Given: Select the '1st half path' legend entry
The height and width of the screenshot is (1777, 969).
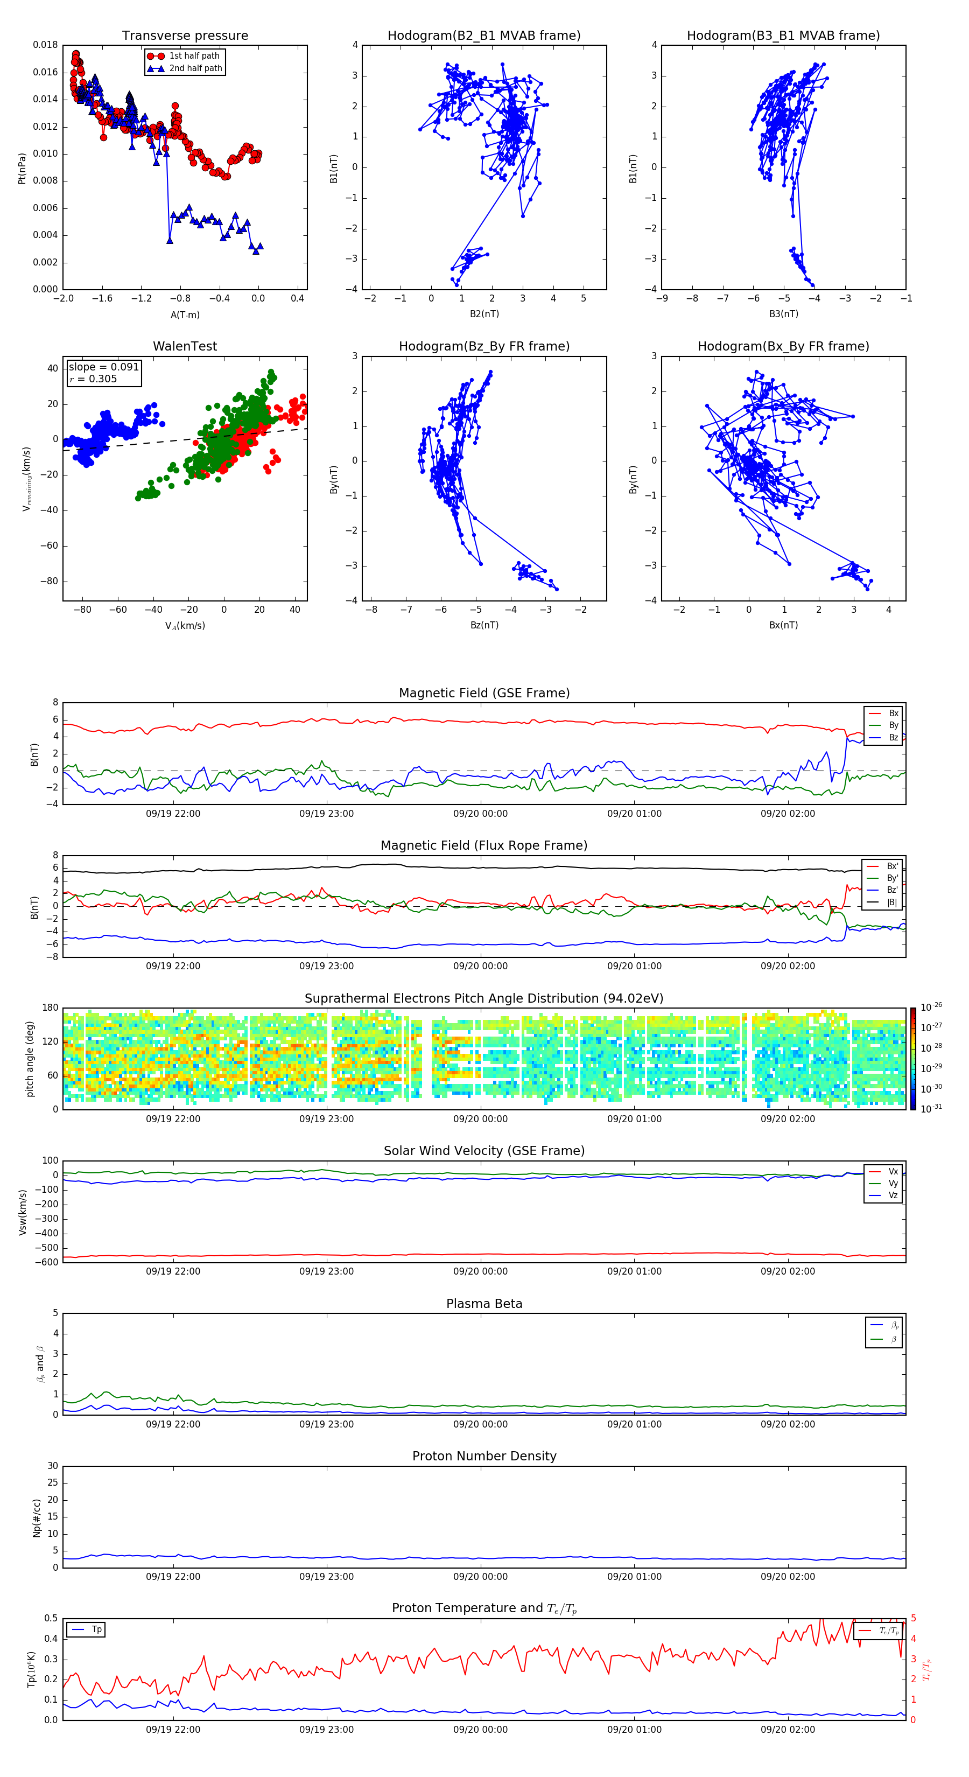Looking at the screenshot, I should pyautogui.click(x=194, y=56).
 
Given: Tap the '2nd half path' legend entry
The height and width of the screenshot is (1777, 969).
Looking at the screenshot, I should pyautogui.click(x=195, y=68).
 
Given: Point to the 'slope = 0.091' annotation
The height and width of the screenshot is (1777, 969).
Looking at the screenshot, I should pyautogui.click(x=103, y=367).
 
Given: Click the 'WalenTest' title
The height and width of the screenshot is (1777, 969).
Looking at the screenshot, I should pyautogui.click(x=185, y=346).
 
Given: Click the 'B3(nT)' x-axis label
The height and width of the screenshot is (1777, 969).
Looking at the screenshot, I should pyautogui.click(x=783, y=314).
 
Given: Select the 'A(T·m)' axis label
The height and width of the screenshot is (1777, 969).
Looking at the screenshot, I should pyautogui.click(x=185, y=315).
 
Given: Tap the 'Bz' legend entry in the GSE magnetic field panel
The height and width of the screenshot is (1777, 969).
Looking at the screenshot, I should pyautogui.click(x=893, y=737).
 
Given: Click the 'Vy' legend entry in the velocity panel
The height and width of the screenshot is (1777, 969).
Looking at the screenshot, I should pyautogui.click(x=893, y=1184).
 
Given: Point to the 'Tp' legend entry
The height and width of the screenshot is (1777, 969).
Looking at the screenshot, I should pyautogui.click(x=96, y=1629).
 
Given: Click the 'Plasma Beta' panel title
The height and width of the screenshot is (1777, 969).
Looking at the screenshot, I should pyautogui.click(x=484, y=1304).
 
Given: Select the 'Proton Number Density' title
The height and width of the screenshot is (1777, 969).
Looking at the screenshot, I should pyautogui.click(x=484, y=1456).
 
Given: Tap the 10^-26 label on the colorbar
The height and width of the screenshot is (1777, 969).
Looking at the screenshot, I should pyautogui.click(x=931, y=1007).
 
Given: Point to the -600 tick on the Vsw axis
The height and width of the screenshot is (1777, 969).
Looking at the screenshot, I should pyautogui.click(x=47, y=1262).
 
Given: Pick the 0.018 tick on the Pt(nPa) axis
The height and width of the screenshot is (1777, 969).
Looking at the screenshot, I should pyautogui.click(x=46, y=46).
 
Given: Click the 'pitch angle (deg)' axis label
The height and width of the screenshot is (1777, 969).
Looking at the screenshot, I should pyautogui.click(x=30, y=1059).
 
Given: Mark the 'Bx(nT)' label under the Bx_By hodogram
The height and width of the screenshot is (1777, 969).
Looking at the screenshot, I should pyautogui.click(x=783, y=625).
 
